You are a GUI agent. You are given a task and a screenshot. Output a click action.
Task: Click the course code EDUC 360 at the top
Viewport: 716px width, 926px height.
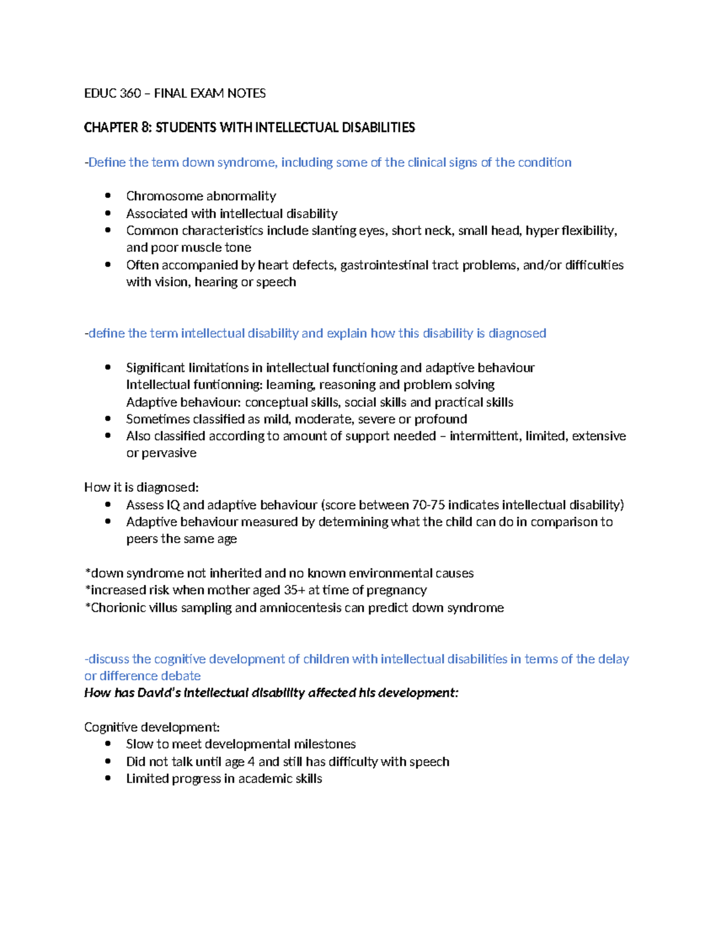(112, 93)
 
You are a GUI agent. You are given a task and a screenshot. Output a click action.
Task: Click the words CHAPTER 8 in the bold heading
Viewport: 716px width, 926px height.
(118, 128)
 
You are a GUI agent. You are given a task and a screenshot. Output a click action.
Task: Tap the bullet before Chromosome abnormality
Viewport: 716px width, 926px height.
(107, 196)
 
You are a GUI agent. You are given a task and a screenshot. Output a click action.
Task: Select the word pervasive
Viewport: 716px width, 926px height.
(169, 453)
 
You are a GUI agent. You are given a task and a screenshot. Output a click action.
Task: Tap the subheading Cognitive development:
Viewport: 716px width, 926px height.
(152, 727)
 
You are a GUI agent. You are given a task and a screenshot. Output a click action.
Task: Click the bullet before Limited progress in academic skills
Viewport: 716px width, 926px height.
(107, 778)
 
